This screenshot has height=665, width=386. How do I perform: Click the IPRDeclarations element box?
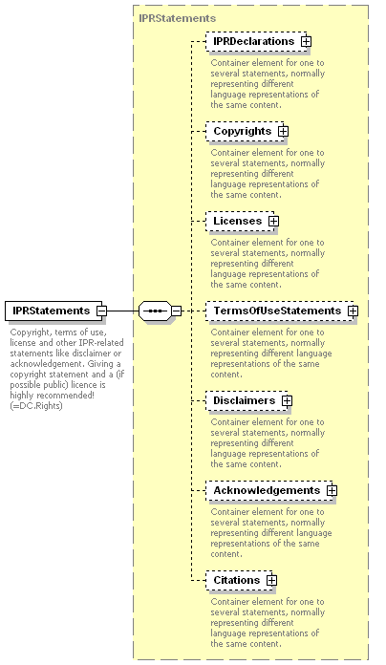pos(256,42)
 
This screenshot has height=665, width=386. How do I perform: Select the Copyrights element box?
pos(245,132)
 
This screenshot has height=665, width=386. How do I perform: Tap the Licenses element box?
pos(240,221)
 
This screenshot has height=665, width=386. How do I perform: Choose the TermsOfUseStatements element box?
pos(280,311)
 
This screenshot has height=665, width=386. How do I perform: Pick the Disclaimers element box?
pos(247,400)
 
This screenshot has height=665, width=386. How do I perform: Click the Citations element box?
pos(239,580)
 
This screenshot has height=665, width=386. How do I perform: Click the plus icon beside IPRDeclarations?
pos(307,42)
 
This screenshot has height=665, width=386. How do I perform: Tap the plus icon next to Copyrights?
pos(284,132)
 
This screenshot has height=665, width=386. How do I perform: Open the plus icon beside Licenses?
pos(274,221)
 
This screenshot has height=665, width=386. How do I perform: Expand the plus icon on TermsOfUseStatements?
pos(353,311)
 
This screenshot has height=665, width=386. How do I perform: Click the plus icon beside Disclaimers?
pos(288,400)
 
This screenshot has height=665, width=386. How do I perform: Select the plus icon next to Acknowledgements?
pos(332,491)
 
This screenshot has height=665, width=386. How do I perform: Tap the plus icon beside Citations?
pos(272,580)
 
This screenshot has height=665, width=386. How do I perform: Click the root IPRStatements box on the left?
pos(54,311)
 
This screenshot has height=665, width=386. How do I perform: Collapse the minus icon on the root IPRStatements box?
pos(102,311)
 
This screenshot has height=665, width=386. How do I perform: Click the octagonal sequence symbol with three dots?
pos(155,311)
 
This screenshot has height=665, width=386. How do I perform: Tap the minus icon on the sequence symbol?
pos(177,311)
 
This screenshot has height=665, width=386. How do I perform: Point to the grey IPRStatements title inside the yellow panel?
pos(178,18)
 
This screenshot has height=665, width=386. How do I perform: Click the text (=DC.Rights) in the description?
pos(36,406)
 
